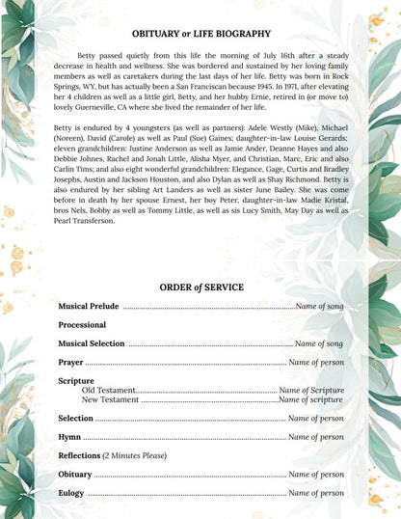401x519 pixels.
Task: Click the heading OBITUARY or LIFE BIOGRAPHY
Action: click(200, 34)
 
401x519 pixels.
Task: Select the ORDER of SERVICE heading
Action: click(200, 287)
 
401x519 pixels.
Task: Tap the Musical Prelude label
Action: click(89, 306)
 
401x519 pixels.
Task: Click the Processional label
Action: click(82, 325)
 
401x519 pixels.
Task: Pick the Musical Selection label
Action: click(91, 343)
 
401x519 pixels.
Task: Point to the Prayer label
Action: click(70, 363)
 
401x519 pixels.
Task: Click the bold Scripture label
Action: click(76, 381)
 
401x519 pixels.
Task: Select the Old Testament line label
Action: click(109, 390)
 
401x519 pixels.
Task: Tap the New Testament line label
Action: click(111, 399)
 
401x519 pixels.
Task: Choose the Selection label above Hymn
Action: click(75, 419)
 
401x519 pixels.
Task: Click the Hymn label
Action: click(69, 437)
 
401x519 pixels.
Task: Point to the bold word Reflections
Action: click(79, 455)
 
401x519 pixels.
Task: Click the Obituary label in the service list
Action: click(75, 475)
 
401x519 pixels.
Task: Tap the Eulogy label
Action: click(71, 493)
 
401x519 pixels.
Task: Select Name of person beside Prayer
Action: click(316, 363)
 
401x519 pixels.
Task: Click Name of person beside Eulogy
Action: click(316, 493)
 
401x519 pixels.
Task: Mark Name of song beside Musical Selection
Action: click(319, 343)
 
